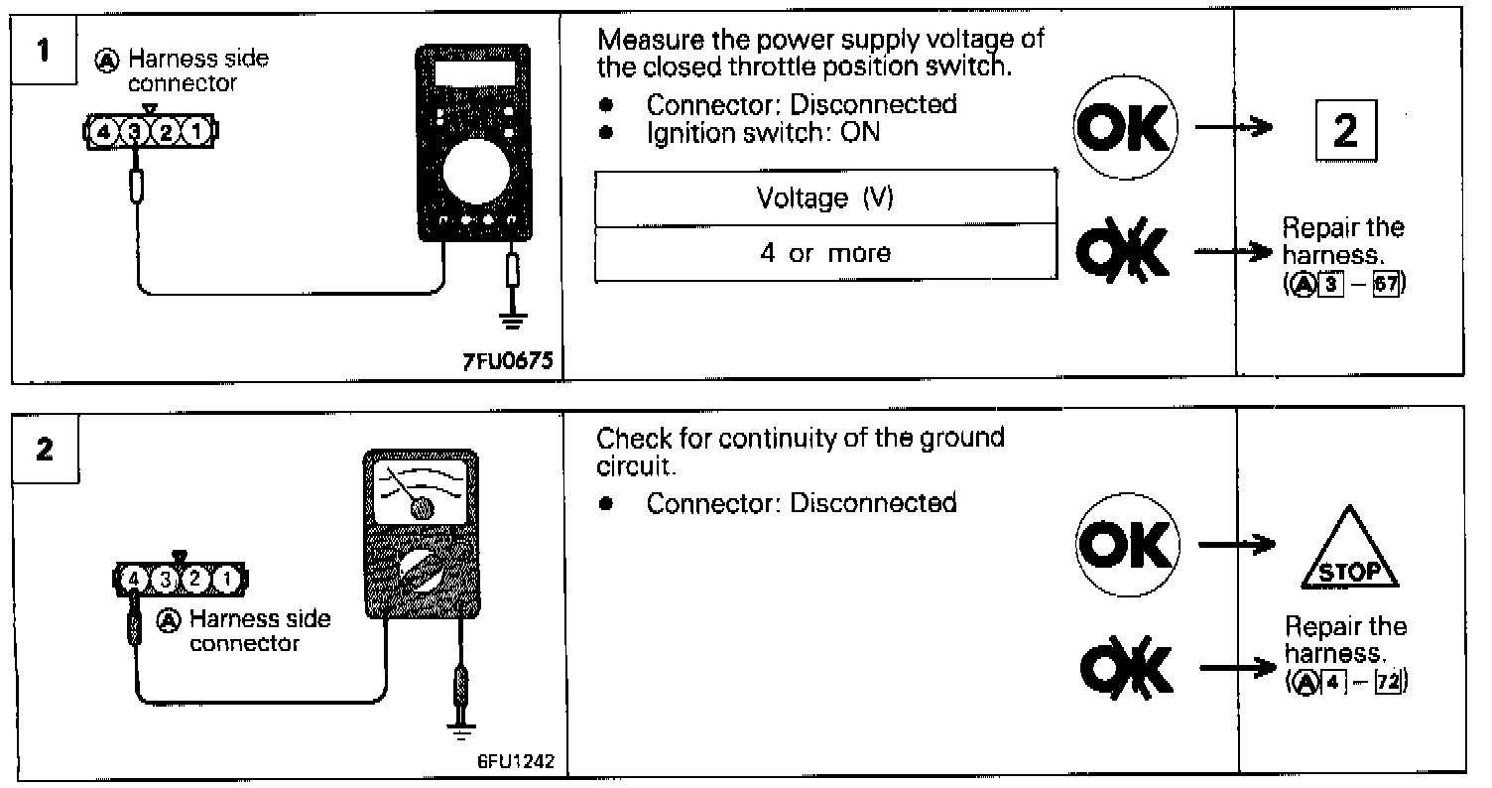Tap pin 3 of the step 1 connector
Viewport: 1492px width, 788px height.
tap(135, 130)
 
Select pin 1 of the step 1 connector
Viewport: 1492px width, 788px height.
tap(199, 130)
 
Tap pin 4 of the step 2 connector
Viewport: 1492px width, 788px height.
tap(133, 577)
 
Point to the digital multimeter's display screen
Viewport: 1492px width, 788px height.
tap(474, 72)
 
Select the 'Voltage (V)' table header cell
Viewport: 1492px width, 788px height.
tap(824, 198)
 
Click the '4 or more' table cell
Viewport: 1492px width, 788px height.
tap(824, 253)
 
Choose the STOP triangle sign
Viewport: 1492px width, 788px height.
tap(1347, 552)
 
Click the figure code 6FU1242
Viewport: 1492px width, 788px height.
tap(516, 762)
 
